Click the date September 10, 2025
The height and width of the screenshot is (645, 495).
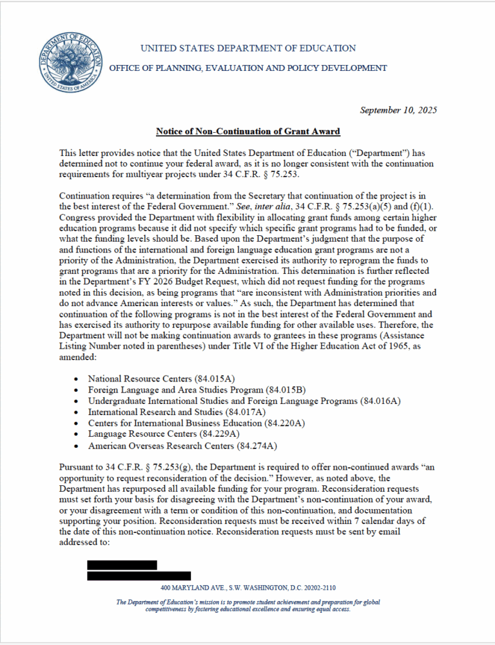coord(398,110)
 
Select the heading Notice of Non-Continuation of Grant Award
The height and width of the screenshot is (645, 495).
coord(247,131)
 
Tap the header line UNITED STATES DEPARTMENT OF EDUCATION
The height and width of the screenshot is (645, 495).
coord(247,48)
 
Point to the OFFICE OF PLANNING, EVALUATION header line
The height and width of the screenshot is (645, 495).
coord(247,68)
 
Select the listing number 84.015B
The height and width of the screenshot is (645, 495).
coord(286,390)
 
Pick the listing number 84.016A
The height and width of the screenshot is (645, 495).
coord(382,401)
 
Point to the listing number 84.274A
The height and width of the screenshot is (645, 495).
coord(258,445)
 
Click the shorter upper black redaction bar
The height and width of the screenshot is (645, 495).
coord(122,564)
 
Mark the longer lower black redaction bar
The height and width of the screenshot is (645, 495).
coord(139,575)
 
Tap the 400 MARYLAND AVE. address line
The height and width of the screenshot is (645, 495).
coord(247,588)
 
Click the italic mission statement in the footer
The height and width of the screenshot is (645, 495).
coord(247,606)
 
